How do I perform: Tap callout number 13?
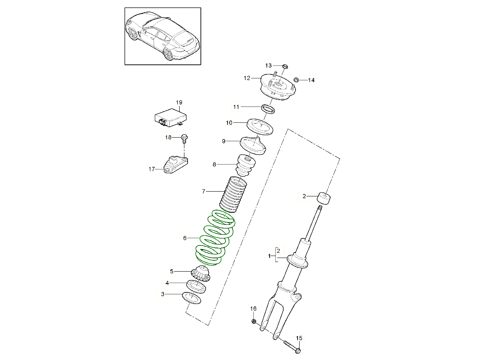pyautogui.click(x=268, y=65)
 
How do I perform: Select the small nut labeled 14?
pyautogui.click(x=296, y=80)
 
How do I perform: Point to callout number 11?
pyautogui.click(x=236, y=107)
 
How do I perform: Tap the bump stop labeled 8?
pyautogui.click(x=245, y=166)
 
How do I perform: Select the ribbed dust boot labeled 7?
pyautogui.click(x=233, y=195)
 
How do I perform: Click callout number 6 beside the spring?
pyautogui.click(x=185, y=238)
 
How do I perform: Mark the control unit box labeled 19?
pyautogui.click(x=170, y=118)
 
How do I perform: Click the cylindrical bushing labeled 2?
pyautogui.click(x=324, y=198)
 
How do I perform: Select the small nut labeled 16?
pyautogui.click(x=254, y=321)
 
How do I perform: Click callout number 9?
pyautogui.click(x=224, y=141)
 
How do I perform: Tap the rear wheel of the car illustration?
pyautogui.click(x=168, y=54)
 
